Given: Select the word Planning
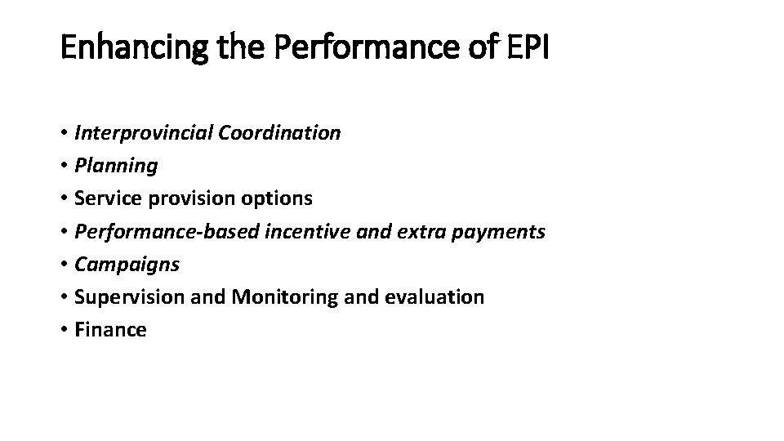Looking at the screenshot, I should [x=116, y=166].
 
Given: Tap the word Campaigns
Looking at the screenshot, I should [x=127, y=265].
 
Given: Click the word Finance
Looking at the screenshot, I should [x=110, y=330].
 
